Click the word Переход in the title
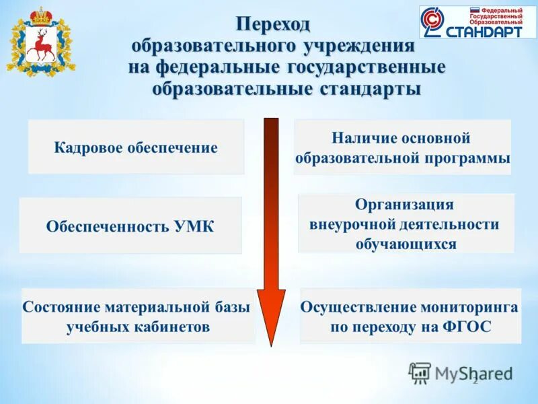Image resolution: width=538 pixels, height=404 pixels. click(x=273, y=24)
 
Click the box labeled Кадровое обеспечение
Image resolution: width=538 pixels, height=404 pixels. click(x=136, y=147)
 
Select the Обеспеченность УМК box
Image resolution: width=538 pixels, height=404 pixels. click(x=130, y=226)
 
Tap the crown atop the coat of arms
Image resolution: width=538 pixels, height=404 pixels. click(x=41, y=14)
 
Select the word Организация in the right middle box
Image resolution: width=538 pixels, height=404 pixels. click(x=404, y=205)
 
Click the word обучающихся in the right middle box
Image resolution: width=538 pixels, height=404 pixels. click(x=406, y=244)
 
